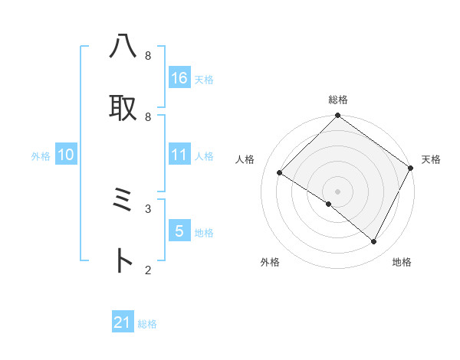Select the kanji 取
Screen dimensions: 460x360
[123, 107]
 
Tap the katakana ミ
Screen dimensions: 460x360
[123, 201]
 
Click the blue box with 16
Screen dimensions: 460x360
[179, 78]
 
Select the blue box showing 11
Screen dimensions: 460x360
[179, 155]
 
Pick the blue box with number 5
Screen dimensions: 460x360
[179, 231]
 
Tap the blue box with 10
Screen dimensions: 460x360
[66, 155]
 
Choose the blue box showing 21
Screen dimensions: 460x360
[123, 322]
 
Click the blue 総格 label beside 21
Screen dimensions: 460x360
[147, 324]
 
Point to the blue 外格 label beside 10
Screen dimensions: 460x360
[41, 156]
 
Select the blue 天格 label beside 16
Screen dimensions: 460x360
[204, 79]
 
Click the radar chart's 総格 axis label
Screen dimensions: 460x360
[338, 100]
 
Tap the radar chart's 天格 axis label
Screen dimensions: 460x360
[432, 159]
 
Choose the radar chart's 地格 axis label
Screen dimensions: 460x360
[402, 262]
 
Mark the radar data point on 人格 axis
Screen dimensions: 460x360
[280, 172]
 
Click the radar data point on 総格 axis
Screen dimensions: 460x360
[338, 116]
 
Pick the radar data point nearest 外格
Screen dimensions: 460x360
[329, 205]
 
